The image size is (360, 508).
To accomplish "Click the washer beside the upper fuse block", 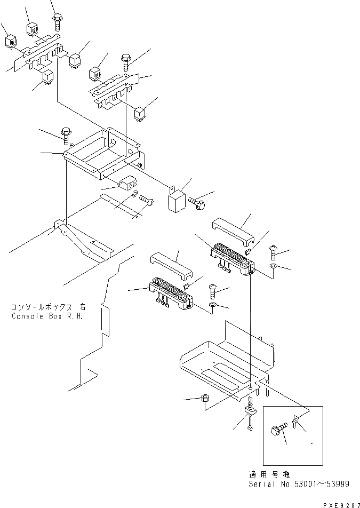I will [273, 265].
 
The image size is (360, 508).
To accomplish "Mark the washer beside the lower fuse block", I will [212, 305].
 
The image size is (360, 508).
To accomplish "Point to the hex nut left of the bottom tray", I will [205, 399].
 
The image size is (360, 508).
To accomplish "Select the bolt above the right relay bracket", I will [126, 62].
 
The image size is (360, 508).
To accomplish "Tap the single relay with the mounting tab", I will [177, 201].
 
